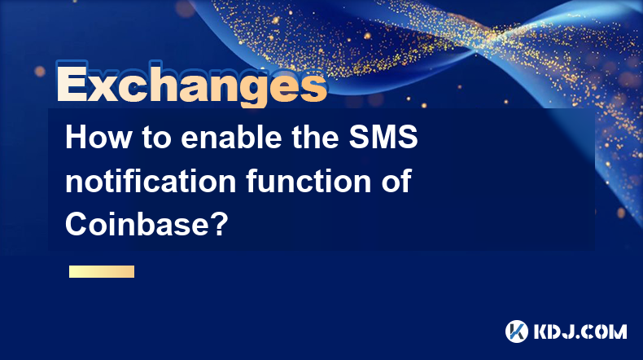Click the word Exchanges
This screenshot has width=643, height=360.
pyautogui.click(x=191, y=85)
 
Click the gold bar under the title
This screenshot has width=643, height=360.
pyautogui.click(x=102, y=271)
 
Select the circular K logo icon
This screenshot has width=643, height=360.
pyautogui.click(x=517, y=331)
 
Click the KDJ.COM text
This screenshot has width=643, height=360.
pyautogui.click(x=580, y=331)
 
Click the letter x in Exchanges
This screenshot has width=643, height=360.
pyautogui.click(x=103, y=87)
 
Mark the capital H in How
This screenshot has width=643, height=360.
pyautogui.click(x=77, y=137)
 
